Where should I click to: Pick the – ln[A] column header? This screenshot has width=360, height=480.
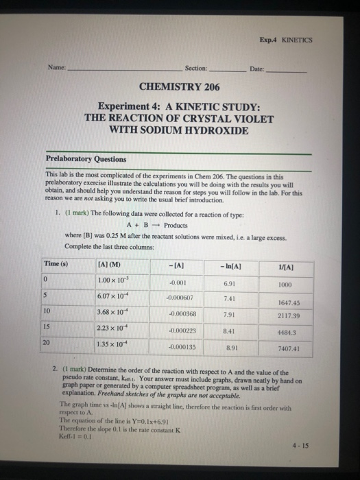(x=228, y=265)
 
